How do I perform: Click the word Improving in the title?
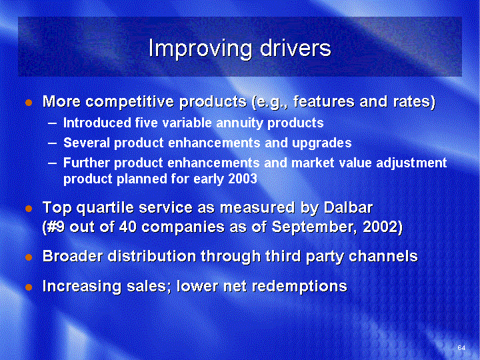[x=201, y=49]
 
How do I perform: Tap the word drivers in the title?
[x=296, y=48]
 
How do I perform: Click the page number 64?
[x=461, y=347]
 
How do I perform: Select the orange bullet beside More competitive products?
[x=29, y=103]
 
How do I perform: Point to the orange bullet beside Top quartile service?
[x=29, y=209]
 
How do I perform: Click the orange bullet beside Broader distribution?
[x=29, y=257]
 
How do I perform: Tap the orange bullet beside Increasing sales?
[x=29, y=287]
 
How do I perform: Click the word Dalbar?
[x=349, y=207]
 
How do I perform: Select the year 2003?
[x=243, y=179]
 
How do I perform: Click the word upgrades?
[x=322, y=143]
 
